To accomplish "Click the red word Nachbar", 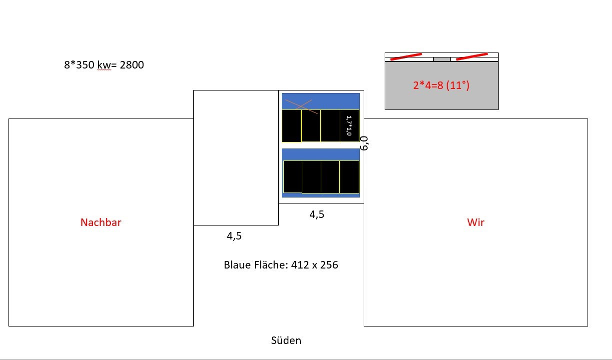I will (x=101, y=222).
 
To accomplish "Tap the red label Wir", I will (x=476, y=222).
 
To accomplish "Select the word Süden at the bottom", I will (x=286, y=340).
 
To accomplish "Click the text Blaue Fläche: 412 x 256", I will (x=281, y=265).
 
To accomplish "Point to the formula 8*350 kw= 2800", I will (x=104, y=64).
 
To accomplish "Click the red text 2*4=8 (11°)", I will (x=441, y=85).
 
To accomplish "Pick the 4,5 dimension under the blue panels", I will (x=317, y=214).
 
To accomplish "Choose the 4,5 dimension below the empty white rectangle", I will (x=234, y=236).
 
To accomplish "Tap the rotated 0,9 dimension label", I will (x=365, y=143).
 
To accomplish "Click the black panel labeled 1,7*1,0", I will (x=349, y=125).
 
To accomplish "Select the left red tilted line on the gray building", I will (x=406, y=57).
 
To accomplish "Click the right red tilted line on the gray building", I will (x=472, y=56).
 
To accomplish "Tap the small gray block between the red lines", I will (x=442, y=59).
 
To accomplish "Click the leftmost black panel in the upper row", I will (x=291, y=126).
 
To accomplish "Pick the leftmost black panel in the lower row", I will (x=293, y=176).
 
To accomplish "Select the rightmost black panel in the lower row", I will (x=349, y=176).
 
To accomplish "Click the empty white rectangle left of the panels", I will (x=236, y=157).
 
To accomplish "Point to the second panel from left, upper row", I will (x=311, y=126).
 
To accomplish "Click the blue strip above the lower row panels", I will (x=321, y=154).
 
